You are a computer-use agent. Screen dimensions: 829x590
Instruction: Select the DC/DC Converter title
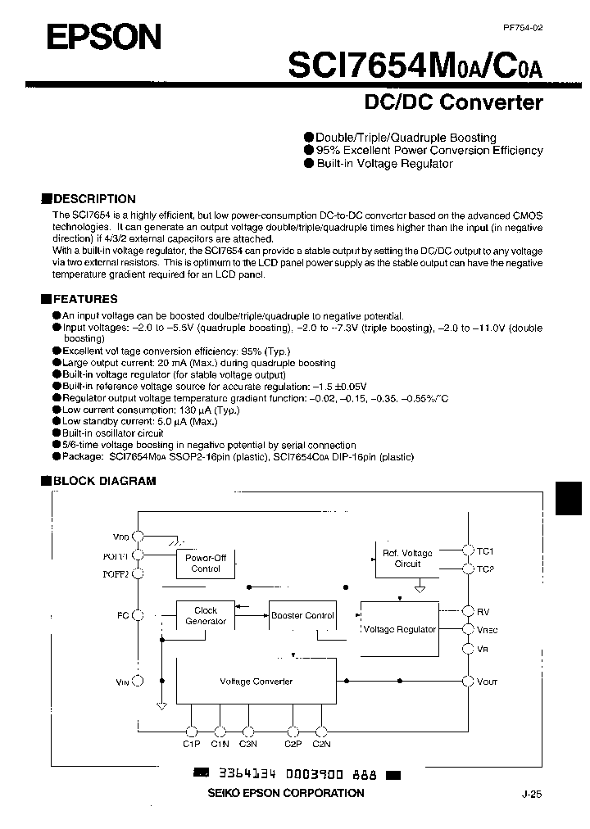[x=453, y=102]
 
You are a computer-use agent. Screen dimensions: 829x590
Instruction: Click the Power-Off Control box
[x=206, y=563]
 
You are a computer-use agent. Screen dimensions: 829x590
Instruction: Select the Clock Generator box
[x=206, y=615]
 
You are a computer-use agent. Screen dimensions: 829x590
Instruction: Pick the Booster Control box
[x=302, y=615]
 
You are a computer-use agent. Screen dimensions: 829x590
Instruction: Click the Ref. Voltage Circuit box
[x=407, y=558]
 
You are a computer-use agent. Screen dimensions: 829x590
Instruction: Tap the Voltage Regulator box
[x=399, y=629]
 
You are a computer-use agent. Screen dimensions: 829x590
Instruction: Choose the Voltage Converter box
[x=256, y=682]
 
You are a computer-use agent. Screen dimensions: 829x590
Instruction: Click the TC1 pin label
[x=485, y=551]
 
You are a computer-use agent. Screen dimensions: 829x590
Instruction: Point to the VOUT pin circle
[x=467, y=681]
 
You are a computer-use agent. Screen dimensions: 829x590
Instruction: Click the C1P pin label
[x=191, y=744]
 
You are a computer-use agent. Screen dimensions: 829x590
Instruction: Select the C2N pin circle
[x=321, y=731]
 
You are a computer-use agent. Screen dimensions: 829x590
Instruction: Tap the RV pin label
[x=483, y=611]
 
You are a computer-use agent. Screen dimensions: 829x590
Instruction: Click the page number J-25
[x=531, y=794]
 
